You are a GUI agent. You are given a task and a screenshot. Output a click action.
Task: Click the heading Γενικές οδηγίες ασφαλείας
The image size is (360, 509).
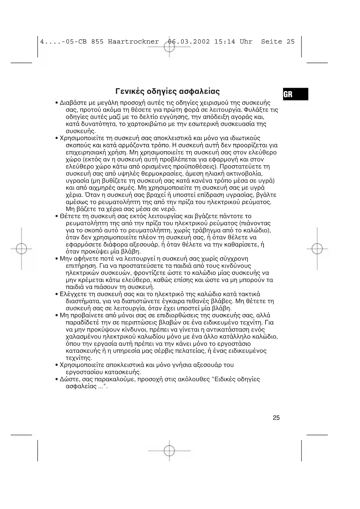(167, 92)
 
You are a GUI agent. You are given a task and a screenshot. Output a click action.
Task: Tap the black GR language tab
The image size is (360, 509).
(295, 94)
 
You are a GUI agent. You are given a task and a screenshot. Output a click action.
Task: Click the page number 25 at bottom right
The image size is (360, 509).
(276, 418)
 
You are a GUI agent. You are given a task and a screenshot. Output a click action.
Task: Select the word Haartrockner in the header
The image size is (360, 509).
(133, 41)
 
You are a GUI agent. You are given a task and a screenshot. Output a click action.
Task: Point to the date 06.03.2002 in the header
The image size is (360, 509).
(189, 41)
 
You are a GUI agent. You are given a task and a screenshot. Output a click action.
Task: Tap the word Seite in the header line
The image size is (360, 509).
(272, 41)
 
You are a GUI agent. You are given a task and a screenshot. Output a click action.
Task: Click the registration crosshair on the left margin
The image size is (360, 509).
(21, 249)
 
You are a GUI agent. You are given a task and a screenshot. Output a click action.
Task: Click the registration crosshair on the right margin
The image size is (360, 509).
(317, 249)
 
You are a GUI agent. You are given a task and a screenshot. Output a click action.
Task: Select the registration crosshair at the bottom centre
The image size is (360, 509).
(169, 451)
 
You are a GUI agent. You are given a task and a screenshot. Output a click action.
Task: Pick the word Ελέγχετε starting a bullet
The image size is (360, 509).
(71, 294)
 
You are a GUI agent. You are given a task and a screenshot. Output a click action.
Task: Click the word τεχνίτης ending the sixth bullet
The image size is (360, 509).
(79, 358)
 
